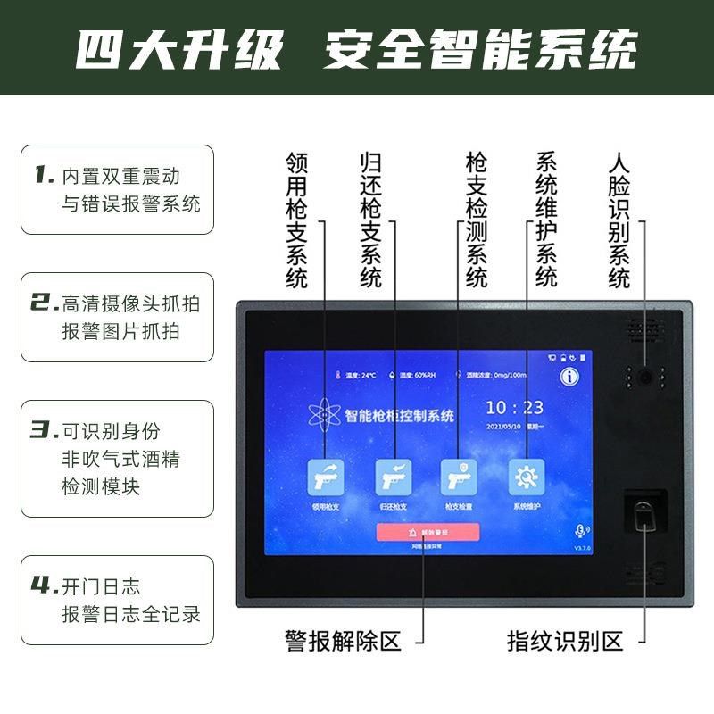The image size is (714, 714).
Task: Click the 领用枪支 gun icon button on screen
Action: (325, 477)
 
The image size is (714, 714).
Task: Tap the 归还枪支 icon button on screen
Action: (392, 477)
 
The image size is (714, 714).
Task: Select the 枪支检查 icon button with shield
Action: (459, 477)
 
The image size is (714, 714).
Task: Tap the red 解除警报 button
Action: (428, 532)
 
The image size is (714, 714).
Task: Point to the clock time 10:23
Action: (514, 408)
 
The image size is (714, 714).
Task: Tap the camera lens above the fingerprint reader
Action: (644, 378)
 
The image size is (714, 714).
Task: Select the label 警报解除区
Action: (343, 640)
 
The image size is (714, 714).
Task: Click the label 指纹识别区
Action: (564, 640)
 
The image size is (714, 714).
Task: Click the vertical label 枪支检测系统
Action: (477, 220)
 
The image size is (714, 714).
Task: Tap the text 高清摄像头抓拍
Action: (130, 303)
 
